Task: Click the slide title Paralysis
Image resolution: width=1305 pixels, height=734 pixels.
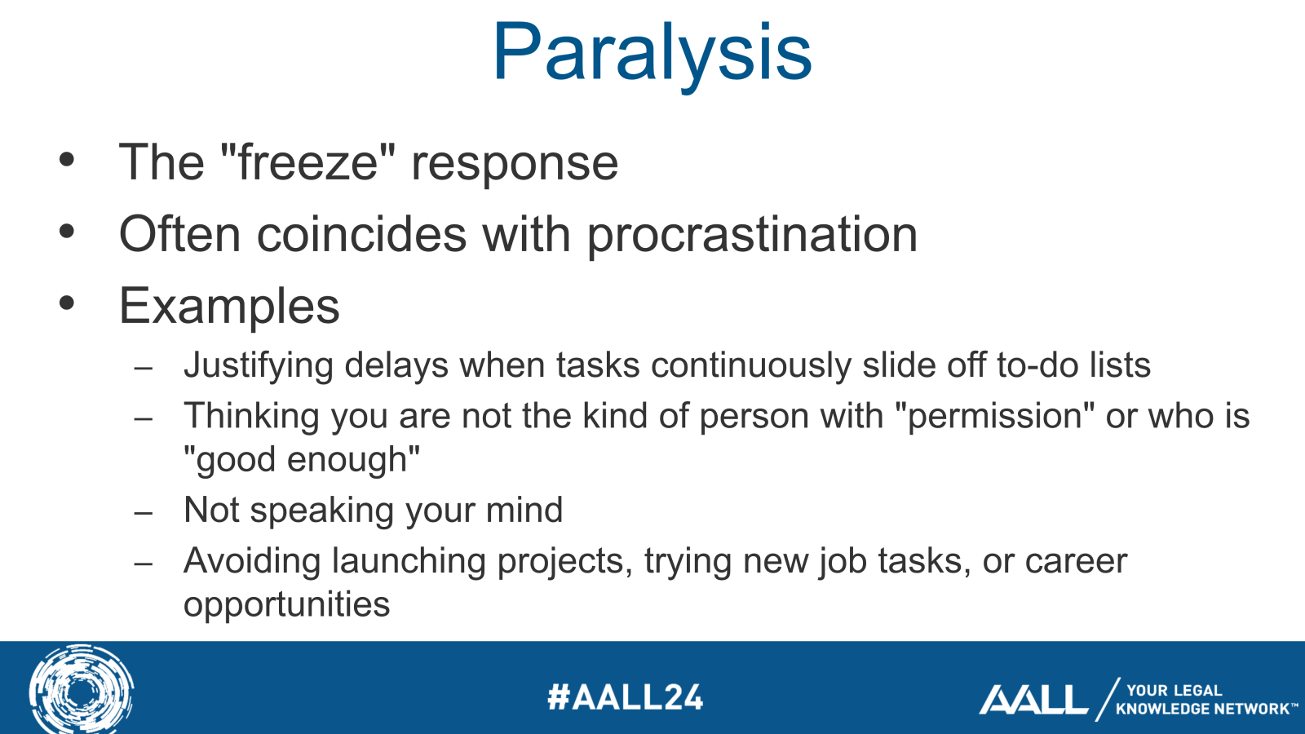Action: [x=652, y=53]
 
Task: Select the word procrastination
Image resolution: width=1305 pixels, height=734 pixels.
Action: [x=752, y=235]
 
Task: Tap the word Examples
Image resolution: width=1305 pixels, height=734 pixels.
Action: [x=229, y=307]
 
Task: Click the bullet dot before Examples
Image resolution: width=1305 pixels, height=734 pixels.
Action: [x=67, y=303]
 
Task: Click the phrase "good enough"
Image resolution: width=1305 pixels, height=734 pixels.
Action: [x=302, y=460]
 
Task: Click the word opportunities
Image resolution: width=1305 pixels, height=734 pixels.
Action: [x=286, y=605]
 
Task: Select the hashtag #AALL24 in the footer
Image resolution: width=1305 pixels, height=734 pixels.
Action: [x=625, y=697]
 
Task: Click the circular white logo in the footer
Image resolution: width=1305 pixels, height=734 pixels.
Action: [x=81, y=690]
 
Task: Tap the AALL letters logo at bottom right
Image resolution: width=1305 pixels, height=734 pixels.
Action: [x=1033, y=700]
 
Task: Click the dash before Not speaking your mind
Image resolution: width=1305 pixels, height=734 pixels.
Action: [x=144, y=513]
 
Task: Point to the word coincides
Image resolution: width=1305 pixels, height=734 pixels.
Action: [x=361, y=235]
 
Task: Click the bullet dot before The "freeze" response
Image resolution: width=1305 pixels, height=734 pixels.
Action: [x=67, y=159]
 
